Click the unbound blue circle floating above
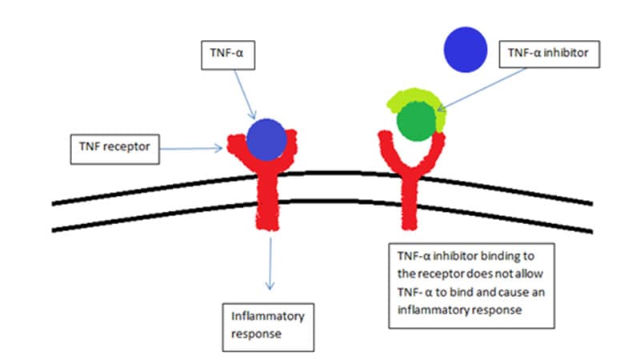tap(466, 47)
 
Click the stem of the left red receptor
tap(266, 200)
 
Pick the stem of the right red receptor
tap(410, 200)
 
